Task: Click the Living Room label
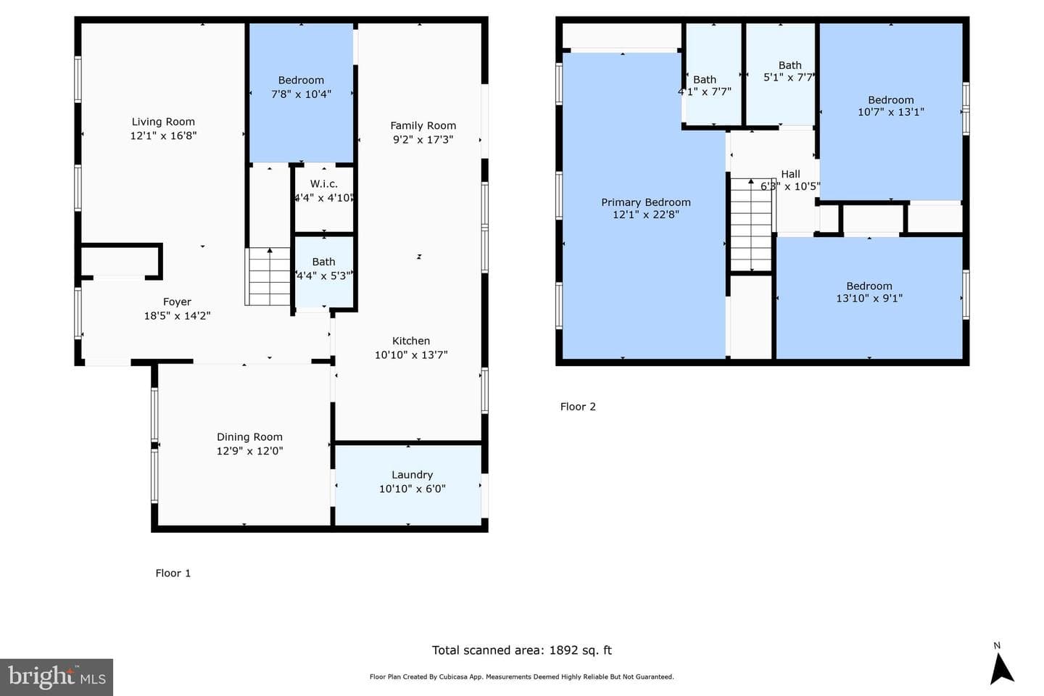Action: click(163, 122)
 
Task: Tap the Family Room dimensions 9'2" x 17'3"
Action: click(423, 139)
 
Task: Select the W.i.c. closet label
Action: click(324, 183)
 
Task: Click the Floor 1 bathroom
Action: click(324, 272)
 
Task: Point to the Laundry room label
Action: click(412, 475)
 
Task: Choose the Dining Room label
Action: click(249, 436)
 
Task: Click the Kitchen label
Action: click(410, 341)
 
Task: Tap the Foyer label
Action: click(177, 302)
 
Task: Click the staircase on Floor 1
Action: click(268, 276)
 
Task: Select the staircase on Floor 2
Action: click(751, 225)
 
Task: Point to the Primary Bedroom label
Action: click(645, 202)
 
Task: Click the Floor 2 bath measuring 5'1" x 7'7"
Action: click(781, 75)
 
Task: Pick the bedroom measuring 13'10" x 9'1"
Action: click(869, 298)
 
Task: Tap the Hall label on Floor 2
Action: click(790, 174)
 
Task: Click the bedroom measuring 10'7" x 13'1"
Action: click(890, 112)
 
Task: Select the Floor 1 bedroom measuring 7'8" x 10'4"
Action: click(301, 93)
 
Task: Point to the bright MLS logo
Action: click(57, 677)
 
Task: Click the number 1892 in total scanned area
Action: click(563, 650)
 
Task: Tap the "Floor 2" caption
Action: click(578, 407)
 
